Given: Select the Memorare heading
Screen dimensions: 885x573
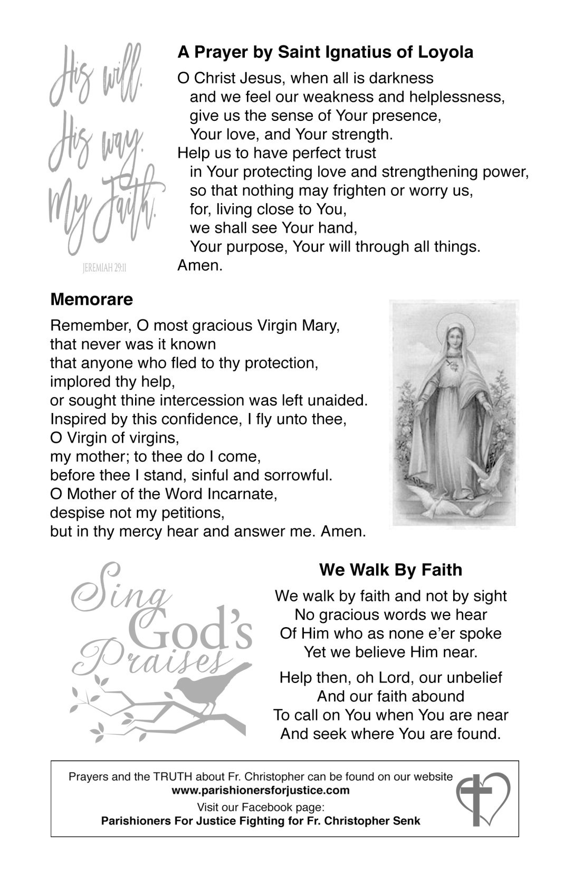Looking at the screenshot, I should point(91,300).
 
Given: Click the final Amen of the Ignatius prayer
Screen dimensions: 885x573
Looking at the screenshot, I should point(200,265).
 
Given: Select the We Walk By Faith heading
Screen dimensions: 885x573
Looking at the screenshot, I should point(390,570).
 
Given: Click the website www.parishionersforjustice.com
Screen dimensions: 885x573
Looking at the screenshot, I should point(261,790).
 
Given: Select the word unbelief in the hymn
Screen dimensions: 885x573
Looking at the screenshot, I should point(474,677).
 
